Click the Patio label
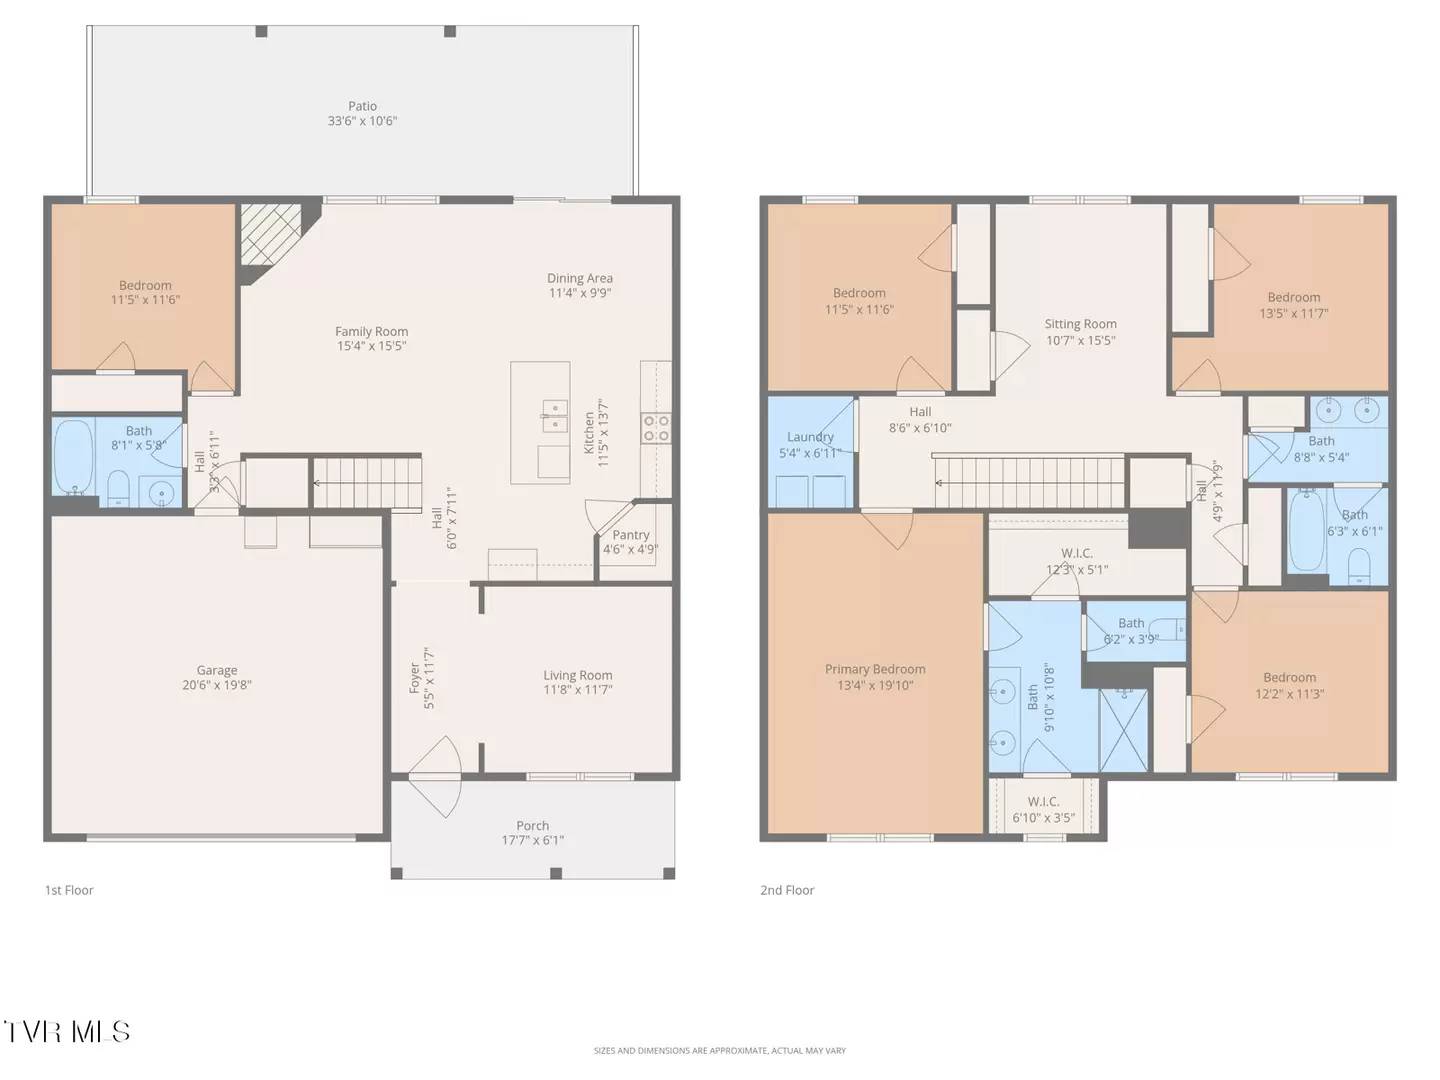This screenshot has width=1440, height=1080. pyautogui.click(x=362, y=106)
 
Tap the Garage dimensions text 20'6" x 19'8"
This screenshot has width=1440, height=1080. pyautogui.click(x=217, y=686)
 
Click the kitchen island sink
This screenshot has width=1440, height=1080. pyautogui.click(x=554, y=415)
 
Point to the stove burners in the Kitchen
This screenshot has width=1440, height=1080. pyautogui.click(x=656, y=428)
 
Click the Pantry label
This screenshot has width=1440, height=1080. pyautogui.click(x=630, y=535)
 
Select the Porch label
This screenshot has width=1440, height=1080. pyautogui.click(x=532, y=826)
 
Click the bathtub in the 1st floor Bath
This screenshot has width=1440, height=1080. pyautogui.click(x=73, y=456)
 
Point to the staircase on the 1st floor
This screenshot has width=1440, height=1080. pyautogui.click(x=367, y=483)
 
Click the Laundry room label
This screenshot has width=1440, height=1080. pyautogui.click(x=810, y=437)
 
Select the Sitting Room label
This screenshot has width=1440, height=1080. pyautogui.click(x=1080, y=324)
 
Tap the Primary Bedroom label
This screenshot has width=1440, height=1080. pyautogui.click(x=875, y=670)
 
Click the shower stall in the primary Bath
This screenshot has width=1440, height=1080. pyautogui.click(x=1124, y=729)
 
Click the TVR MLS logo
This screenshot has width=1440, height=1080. pyautogui.click(x=66, y=1031)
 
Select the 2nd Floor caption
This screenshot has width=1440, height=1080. pyautogui.click(x=787, y=890)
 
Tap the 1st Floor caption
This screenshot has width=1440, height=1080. pyautogui.click(x=69, y=890)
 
